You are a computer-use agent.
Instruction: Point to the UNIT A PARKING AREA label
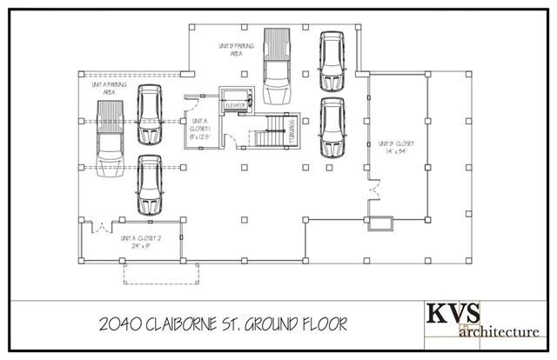coord(105,87)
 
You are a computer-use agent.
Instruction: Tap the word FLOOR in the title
coord(322,323)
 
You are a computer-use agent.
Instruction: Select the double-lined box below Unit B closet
coord(379,223)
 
